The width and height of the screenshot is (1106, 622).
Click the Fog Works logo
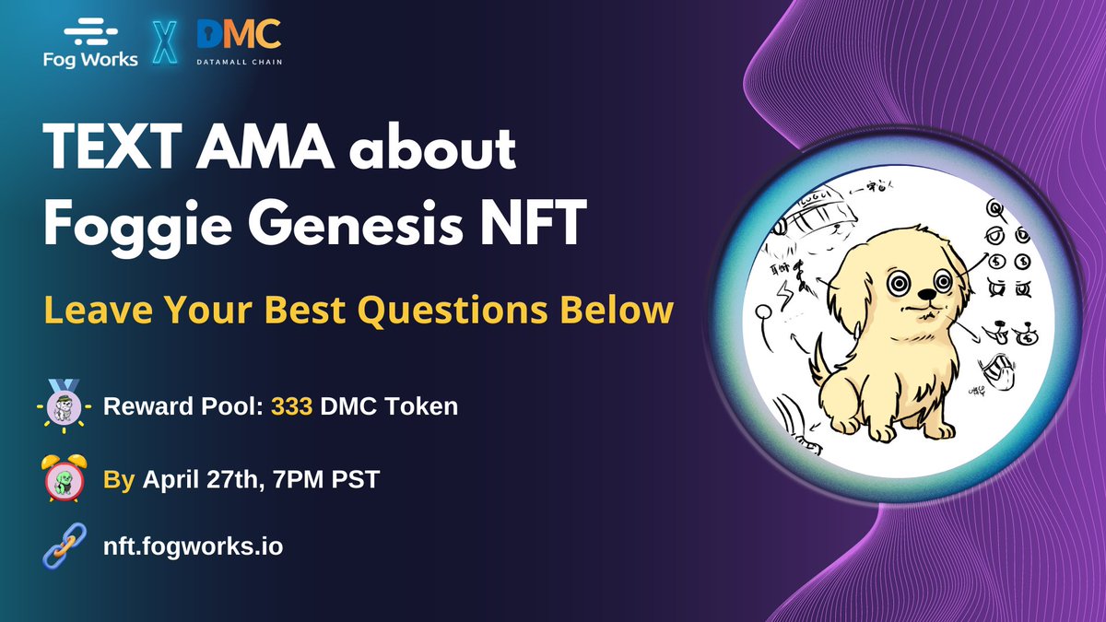pyautogui.click(x=90, y=43)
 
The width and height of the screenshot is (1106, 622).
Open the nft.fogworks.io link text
pyautogui.click(x=193, y=546)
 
